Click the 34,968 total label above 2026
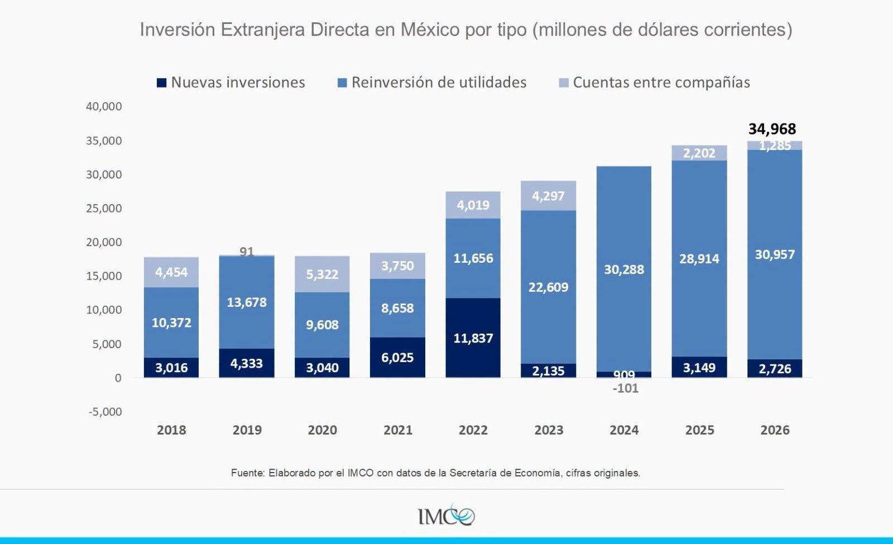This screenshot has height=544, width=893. [772, 129]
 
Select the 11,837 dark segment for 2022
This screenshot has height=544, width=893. [473, 338]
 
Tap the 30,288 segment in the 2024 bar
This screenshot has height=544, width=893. [624, 269]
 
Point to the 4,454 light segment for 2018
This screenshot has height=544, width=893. [171, 272]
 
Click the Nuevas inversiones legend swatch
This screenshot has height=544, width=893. [161, 83]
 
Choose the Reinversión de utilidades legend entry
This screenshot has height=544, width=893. [432, 83]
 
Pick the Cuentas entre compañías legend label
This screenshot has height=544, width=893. [661, 83]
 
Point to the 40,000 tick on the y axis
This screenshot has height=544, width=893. [104, 107]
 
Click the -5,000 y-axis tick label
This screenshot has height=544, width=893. [105, 412]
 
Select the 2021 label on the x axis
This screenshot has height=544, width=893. [398, 430]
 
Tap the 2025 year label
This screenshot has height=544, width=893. [700, 430]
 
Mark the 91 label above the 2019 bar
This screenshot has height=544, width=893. [247, 252]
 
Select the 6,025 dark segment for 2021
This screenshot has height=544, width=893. [397, 357]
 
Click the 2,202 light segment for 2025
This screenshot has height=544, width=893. [699, 153]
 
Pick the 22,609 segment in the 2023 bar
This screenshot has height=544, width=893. [548, 287]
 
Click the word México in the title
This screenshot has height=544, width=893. [430, 30]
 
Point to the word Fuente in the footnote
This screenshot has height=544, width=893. [248, 473]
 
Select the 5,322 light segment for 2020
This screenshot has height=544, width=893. [322, 274]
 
